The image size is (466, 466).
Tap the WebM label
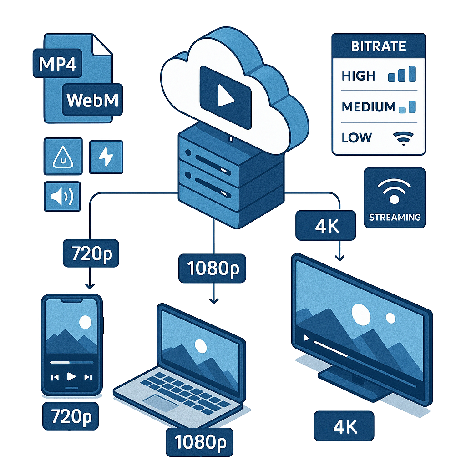92,100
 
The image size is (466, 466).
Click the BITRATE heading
379,46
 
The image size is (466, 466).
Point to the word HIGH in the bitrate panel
359,76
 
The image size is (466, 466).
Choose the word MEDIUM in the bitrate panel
369,107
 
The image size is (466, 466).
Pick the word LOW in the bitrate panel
356,137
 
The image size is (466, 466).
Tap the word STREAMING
395,217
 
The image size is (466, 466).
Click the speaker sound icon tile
62,197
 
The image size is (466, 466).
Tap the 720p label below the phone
71,415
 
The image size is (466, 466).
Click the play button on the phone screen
71,376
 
